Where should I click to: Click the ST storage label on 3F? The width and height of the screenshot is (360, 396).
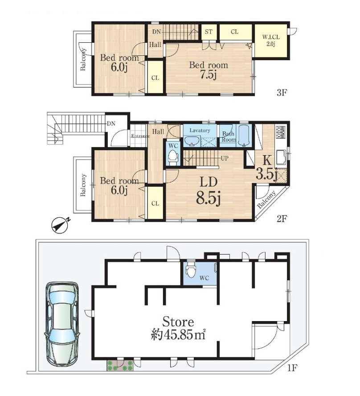209,32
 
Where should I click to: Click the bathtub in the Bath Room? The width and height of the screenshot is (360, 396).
243,136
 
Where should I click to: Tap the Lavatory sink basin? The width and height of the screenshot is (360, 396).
192,140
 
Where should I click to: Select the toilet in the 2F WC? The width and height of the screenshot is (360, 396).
173,157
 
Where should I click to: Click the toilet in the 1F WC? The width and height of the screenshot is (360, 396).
190,270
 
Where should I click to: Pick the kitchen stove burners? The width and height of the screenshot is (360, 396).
281,132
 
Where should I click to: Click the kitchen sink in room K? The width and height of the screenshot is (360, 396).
281,157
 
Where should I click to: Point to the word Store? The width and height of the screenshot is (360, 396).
178,322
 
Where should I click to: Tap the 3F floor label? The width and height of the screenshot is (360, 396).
282,93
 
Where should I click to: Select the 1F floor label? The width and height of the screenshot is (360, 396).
292,368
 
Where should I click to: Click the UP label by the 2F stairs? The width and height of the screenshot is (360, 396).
225,158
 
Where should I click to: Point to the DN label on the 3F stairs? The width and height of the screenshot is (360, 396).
156,32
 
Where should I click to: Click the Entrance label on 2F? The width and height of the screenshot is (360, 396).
140,136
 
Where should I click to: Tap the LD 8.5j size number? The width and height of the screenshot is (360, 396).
209,198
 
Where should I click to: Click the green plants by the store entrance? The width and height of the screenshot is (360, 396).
119,365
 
